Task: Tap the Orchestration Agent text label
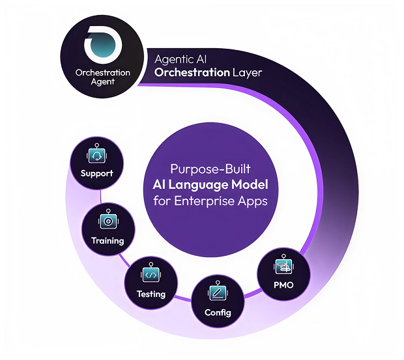pyautogui.click(x=103, y=77)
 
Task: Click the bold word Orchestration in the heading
pyautogui.click(x=192, y=72)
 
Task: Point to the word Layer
pyautogui.click(x=248, y=72)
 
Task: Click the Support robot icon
pyautogui.click(x=96, y=156)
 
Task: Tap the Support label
pyautogui.click(x=96, y=174)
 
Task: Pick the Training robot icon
pyautogui.click(x=107, y=221)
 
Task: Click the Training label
pyautogui.click(x=107, y=240)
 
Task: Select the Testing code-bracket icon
pyautogui.click(x=151, y=275)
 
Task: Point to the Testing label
pyautogui.click(x=151, y=294)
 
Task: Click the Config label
pyautogui.click(x=217, y=312)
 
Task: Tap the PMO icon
pyautogui.click(x=283, y=266)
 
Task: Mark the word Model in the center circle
pyautogui.click(x=245, y=184)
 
